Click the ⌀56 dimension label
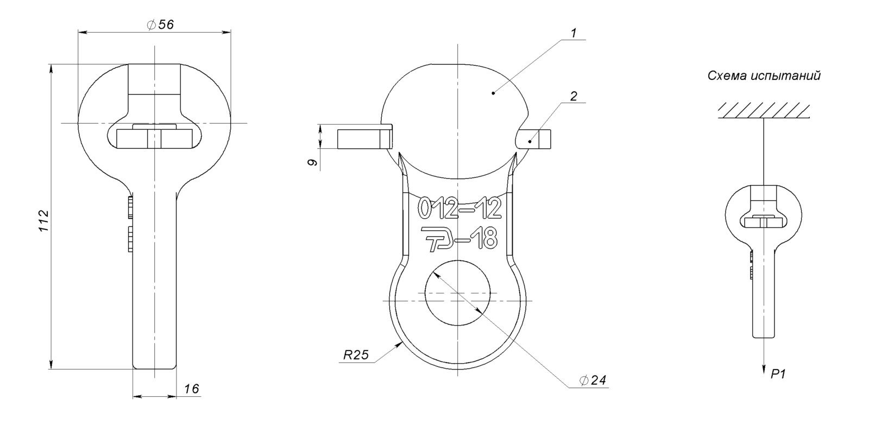pos(161,25)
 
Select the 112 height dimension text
pos(44,221)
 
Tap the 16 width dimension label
pos(191,389)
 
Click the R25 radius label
pos(356,354)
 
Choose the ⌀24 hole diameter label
pos(593,380)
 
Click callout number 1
pos(574,33)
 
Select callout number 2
pos(574,96)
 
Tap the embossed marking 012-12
pos(459,208)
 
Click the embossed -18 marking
pos(476,238)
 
